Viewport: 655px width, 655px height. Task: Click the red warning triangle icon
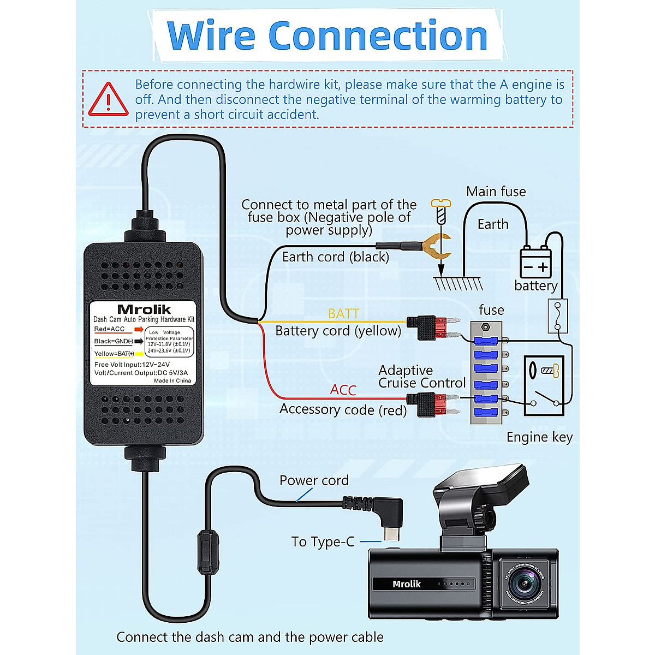tap(109, 100)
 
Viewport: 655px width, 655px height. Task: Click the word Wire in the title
tap(211, 36)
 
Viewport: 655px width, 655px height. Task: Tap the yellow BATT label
tap(343, 313)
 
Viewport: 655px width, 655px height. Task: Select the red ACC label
tap(343, 390)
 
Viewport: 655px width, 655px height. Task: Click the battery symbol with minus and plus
tap(535, 263)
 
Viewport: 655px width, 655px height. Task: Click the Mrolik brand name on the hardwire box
tap(144, 309)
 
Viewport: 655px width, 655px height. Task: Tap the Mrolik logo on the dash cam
tap(407, 584)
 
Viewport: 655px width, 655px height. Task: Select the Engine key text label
tap(539, 437)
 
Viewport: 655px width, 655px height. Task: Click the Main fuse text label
tap(496, 192)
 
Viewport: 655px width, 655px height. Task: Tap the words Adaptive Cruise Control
tap(421, 377)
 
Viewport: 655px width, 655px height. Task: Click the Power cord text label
tap(314, 480)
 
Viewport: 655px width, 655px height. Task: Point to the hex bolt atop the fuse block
tap(485, 327)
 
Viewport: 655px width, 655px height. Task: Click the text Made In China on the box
tap(172, 380)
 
